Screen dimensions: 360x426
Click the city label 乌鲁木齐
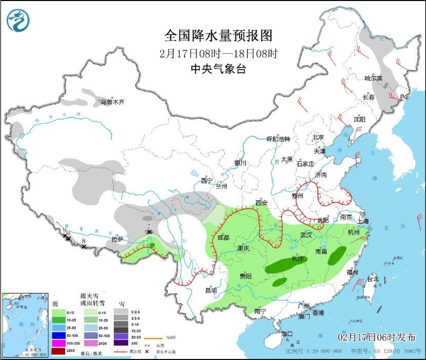click(112, 102)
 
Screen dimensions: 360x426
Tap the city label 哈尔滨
click(373, 78)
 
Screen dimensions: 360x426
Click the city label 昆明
click(211, 290)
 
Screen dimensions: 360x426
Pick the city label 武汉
click(307, 234)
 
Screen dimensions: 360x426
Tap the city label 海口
click(287, 334)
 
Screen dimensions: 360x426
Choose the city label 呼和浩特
click(278, 139)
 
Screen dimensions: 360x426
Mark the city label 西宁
click(206, 180)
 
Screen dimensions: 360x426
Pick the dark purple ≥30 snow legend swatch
click(121, 343)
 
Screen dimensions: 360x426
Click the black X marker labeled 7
click(149, 232)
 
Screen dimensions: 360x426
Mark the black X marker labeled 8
click(84, 247)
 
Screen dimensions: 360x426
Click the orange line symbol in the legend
click(153, 338)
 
